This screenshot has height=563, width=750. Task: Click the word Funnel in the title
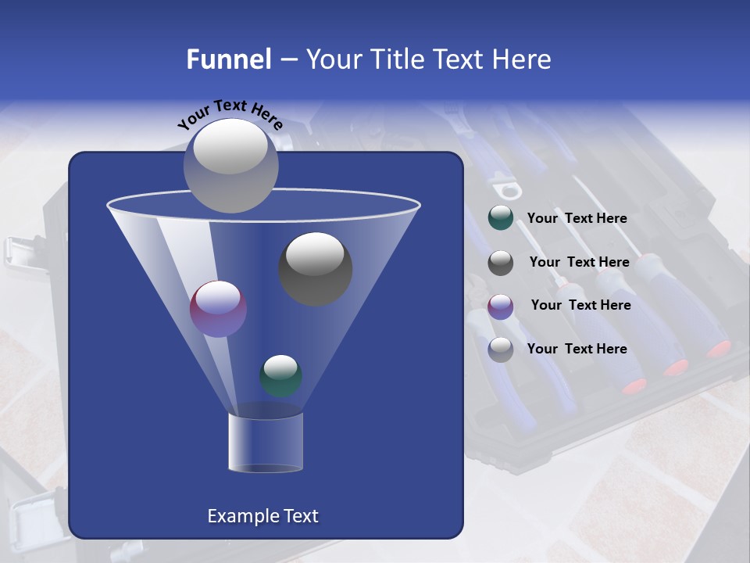tap(228, 59)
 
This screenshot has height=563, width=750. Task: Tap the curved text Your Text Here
tap(230, 114)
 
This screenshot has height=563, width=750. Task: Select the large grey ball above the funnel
tap(230, 165)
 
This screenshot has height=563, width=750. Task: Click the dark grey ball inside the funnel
tap(316, 268)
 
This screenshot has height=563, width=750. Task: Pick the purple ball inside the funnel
tap(219, 309)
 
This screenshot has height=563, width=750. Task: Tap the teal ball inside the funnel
tap(281, 375)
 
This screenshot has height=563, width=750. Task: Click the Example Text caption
tap(262, 516)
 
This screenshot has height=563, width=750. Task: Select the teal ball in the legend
tap(501, 218)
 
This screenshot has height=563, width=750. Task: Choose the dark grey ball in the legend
tap(501, 263)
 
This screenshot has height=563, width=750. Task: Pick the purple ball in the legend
tap(501, 306)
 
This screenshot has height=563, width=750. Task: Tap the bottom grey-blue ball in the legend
tap(501, 350)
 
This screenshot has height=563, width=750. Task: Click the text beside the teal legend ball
tap(577, 219)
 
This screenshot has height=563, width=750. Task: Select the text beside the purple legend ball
tap(580, 306)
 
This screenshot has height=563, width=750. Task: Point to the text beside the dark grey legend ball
tap(579, 263)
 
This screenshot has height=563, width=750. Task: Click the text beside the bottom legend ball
tap(577, 349)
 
